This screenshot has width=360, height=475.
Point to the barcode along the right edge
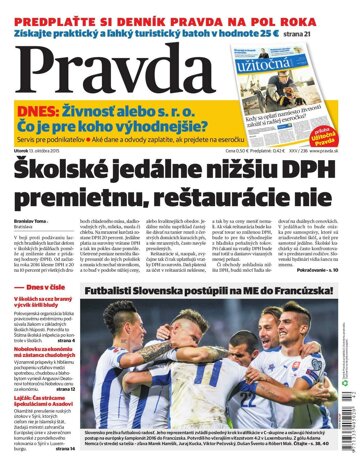[349, 394]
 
